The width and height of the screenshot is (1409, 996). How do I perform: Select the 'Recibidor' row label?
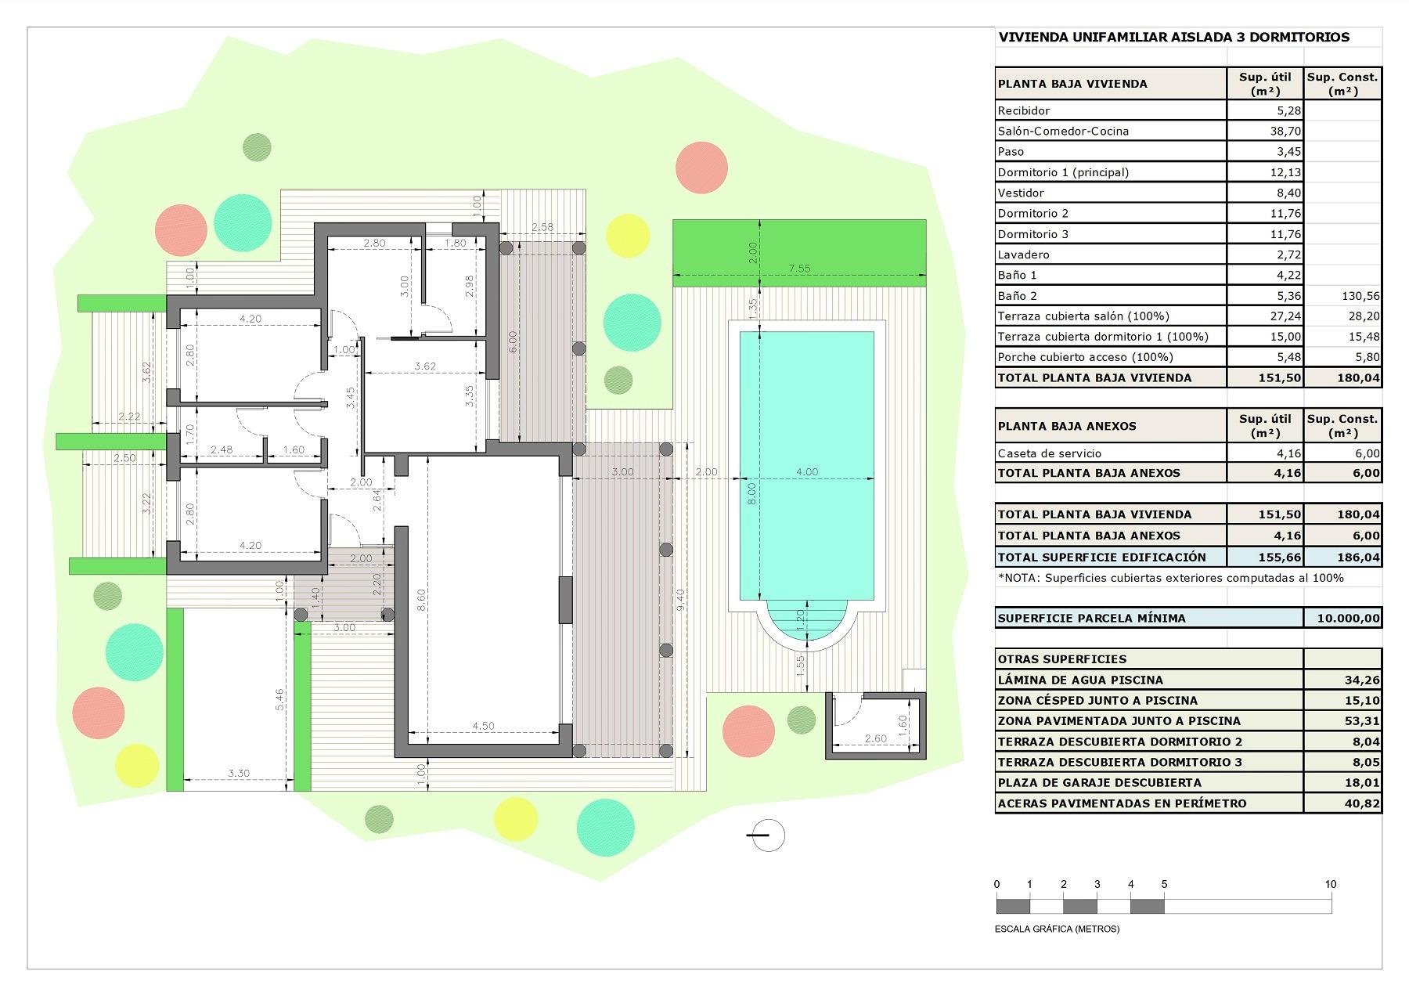coord(1024,110)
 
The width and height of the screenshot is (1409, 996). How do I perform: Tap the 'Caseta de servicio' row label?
coord(1049,453)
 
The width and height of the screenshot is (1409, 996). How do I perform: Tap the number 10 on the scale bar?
coord(1331,884)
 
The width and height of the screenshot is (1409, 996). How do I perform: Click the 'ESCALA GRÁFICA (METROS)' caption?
coord(1057,929)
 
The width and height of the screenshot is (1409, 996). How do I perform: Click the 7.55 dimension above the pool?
coord(799,269)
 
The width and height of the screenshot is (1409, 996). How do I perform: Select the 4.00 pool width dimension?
coord(806,472)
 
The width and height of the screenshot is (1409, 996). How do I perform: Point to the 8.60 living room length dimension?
coord(421,600)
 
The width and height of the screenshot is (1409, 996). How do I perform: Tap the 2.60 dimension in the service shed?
coord(875,738)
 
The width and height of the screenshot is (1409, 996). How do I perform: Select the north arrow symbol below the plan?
coord(767,835)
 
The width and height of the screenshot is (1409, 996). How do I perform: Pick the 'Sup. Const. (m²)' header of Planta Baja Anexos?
coord(1342,426)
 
